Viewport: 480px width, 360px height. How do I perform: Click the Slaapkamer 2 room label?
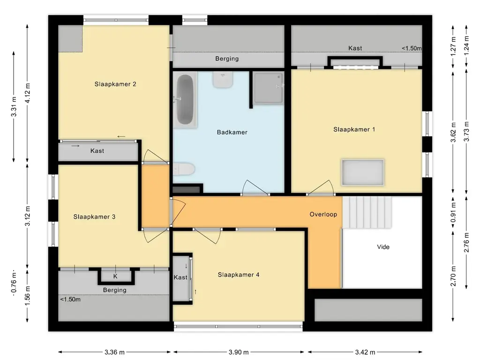tap(115, 84)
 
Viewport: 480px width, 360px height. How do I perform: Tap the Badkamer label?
tap(232, 132)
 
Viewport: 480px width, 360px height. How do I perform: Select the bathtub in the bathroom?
tap(185, 100)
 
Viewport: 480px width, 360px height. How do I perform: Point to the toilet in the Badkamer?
tap(184, 169)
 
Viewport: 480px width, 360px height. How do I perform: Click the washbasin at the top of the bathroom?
tap(223, 80)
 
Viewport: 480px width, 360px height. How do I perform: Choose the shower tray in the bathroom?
tap(269, 88)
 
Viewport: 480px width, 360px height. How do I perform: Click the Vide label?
tap(383, 247)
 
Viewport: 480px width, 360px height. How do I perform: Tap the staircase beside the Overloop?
tap(367, 212)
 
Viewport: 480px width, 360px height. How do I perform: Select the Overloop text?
tap(323, 214)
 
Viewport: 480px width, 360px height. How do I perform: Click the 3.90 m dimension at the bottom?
tap(239, 352)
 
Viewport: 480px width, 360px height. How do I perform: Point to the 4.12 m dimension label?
tap(28, 93)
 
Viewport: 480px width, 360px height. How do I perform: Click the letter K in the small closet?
tap(115, 277)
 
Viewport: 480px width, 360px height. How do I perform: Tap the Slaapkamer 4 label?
tap(239, 275)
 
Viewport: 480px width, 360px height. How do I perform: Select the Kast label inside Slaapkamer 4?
tap(180, 277)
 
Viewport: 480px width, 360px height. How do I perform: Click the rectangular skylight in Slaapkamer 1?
tap(363, 172)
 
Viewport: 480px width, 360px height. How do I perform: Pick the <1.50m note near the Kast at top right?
tap(412, 48)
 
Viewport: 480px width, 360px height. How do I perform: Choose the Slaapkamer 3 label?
tap(94, 217)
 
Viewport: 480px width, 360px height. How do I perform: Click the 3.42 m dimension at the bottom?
tap(365, 352)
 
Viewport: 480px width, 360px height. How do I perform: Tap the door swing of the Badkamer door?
tap(256, 187)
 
